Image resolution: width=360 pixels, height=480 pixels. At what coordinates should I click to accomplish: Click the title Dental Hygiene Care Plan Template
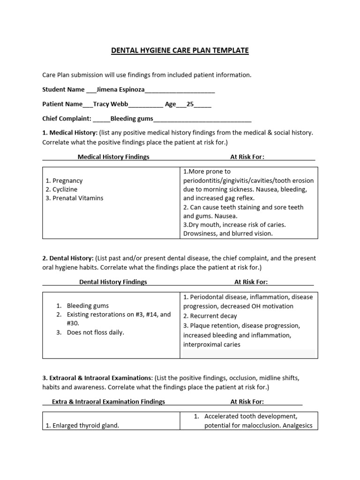click(x=180, y=50)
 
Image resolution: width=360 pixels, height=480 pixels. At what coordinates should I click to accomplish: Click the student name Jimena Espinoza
click(x=120, y=90)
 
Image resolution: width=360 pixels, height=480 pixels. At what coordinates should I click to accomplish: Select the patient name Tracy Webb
click(x=110, y=105)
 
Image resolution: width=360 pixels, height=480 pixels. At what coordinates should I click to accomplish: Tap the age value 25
click(x=190, y=105)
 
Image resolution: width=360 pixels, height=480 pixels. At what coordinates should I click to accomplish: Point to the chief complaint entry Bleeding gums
click(x=132, y=119)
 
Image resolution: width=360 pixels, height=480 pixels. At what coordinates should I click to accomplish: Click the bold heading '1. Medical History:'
click(x=70, y=133)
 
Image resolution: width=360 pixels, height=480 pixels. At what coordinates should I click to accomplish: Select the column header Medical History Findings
click(x=113, y=157)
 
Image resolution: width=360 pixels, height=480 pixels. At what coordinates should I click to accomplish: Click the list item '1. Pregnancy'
click(x=64, y=180)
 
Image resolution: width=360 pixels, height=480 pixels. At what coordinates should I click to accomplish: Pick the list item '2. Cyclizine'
click(x=62, y=189)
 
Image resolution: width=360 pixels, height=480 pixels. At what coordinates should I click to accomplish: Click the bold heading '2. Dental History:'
click(x=68, y=258)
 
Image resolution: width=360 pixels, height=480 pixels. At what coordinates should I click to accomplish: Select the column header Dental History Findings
click(x=113, y=282)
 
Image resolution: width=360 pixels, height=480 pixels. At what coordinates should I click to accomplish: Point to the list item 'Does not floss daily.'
click(x=96, y=332)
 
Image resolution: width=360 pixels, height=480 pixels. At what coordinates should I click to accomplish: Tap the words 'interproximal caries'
click(x=212, y=345)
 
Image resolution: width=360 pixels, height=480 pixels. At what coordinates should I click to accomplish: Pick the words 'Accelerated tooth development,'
click(x=251, y=416)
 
